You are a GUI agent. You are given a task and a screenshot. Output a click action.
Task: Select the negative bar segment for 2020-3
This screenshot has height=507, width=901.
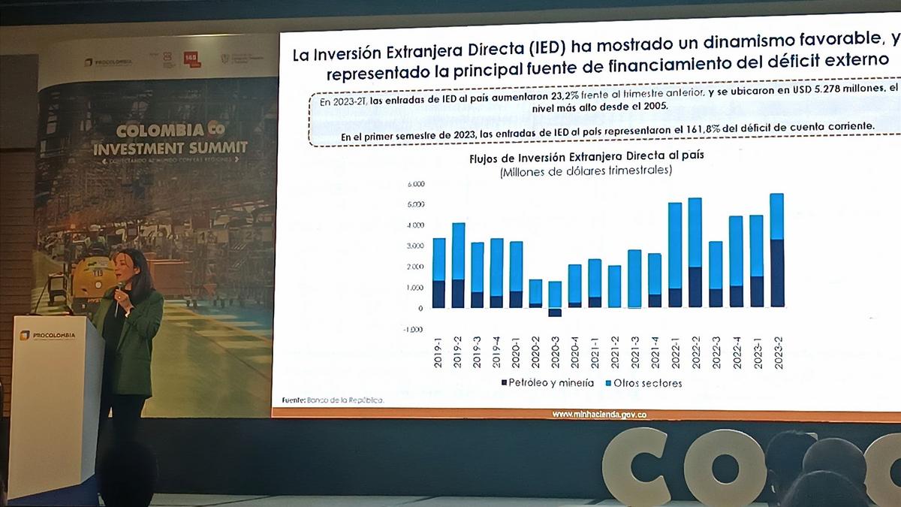click(555, 312)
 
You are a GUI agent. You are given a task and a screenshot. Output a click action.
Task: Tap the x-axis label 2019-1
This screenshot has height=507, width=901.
click(439, 351)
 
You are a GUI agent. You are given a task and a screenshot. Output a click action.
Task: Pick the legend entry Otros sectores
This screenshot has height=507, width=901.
click(640, 383)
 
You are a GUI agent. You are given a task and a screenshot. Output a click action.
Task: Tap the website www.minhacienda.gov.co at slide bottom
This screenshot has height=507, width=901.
click(599, 414)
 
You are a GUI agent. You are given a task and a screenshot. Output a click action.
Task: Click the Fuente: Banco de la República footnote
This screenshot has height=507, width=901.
click(333, 400)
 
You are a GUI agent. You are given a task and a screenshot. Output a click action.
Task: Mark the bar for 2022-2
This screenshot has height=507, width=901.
click(695, 252)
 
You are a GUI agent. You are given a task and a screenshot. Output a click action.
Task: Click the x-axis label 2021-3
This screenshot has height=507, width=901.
click(634, 351)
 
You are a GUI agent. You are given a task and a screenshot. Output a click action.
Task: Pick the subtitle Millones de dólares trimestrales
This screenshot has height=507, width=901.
click(586, 172)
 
